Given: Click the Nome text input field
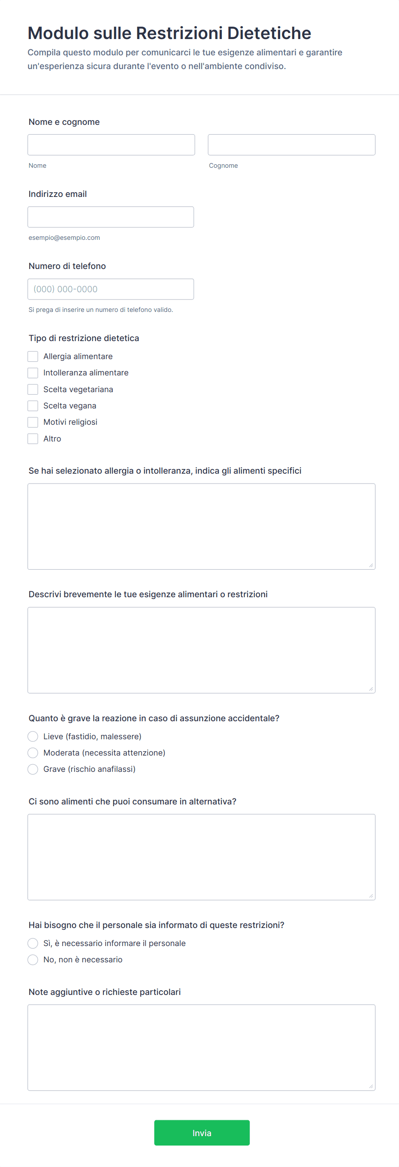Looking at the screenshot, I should (x=111, y=145).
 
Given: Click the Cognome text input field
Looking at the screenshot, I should (x=291, y=145).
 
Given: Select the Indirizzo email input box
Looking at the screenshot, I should (x=111, y=217).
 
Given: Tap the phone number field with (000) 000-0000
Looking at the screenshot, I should (x=111, y=289).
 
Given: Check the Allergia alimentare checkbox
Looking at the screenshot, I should (x=33, y=357).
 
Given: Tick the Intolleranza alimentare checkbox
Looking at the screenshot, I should (x=33, y=373).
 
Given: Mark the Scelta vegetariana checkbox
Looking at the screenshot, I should (x=33, y=390).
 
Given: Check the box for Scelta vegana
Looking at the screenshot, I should (x=33, y=406).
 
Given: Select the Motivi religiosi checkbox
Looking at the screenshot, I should (x=33, y=422).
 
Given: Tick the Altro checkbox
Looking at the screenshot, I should (x=33, y=439).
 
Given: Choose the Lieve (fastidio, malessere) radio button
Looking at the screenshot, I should (x=33, y=737).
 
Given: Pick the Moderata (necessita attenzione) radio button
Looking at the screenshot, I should (x=33, y=753).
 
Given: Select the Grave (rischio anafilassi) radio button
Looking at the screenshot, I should (x=33, y=769).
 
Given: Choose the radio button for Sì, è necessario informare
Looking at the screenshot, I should (x=33, y=943).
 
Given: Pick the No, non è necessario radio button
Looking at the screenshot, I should (x=33, y=959).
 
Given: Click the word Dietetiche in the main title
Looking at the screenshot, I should (x=269, y=33).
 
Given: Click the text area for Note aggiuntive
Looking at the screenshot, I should (x=201, y=1047).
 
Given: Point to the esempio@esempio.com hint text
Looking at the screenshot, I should (x=64, y=238).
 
